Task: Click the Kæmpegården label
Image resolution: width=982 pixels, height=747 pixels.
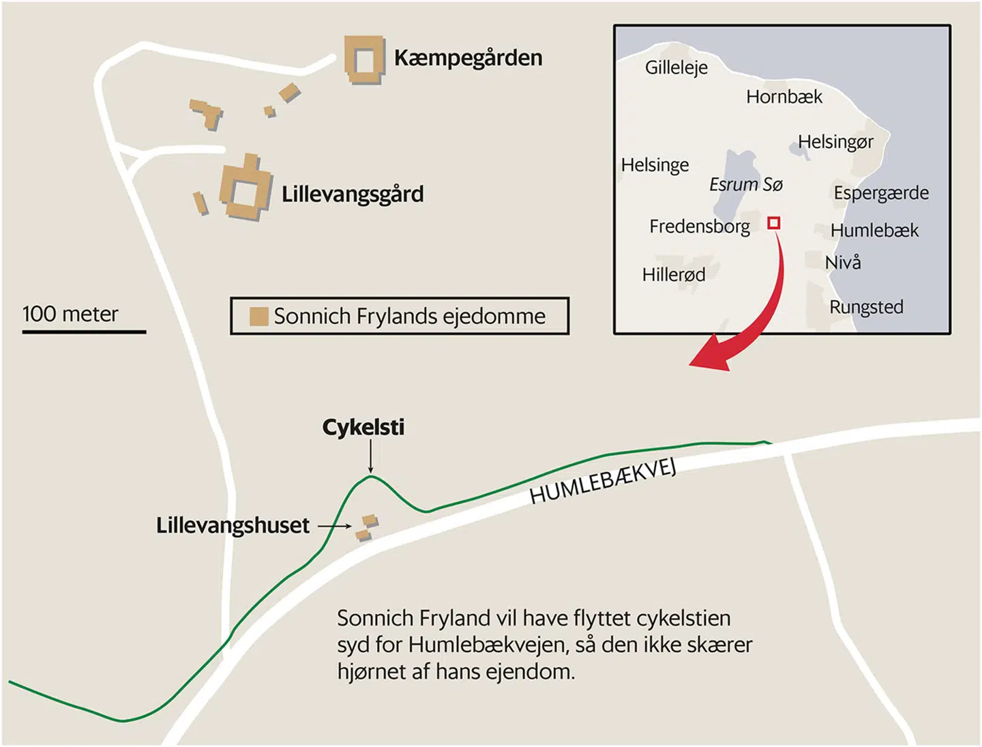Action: click(x=468, y=58)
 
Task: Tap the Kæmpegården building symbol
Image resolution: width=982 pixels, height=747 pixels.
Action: click(x=363, y=60)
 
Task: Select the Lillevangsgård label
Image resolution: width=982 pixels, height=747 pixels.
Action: click(x=353, y=194)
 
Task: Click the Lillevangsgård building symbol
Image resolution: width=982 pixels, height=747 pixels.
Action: click(x=245, y=189)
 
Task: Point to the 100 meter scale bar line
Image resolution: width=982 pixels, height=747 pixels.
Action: click(x=84, y=332)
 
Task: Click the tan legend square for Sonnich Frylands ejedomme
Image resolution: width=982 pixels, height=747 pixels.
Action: click(x=258, y=317)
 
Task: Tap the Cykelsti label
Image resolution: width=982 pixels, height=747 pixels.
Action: click(x=363, y=428)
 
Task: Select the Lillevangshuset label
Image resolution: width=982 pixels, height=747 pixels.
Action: click(x=233, y=525)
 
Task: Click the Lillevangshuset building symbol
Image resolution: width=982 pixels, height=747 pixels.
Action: click(x=367, y=527)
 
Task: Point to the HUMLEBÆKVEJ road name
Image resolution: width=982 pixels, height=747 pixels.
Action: click(x=603, y=482)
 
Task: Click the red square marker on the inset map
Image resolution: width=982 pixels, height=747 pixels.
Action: click(x=773, y=223)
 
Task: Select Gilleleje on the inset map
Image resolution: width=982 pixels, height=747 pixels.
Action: click(x=676, y=68)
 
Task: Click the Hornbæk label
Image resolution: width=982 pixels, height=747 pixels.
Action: click(x=784, y=97)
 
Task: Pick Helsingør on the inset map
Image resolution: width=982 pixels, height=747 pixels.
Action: click(x=835, y=142)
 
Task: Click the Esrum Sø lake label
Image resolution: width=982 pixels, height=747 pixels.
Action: click(x=745, y=184)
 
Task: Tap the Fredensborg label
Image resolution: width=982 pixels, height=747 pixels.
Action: click(x=699, y=226)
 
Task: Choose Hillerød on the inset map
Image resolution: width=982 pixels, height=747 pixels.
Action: click(x=673, y=275)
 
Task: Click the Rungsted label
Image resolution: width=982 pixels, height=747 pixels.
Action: click(x=866, y=307)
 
